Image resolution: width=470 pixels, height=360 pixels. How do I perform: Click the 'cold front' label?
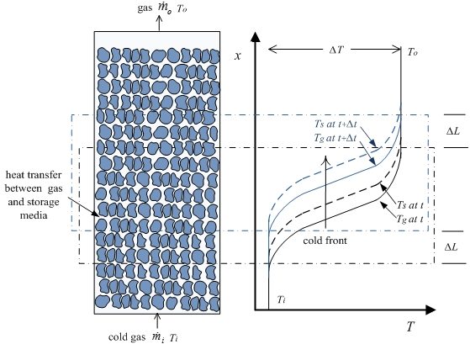pos(325,241)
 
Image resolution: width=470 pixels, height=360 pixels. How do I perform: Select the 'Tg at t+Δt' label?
pos(335,138)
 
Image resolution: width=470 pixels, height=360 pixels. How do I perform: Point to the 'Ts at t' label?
pos(409,205)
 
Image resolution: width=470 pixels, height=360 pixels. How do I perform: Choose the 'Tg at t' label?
pos(409,220)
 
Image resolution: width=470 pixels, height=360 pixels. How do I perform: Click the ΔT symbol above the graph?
pos(335,50)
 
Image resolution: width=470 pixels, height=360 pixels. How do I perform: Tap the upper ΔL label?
pos(453,131)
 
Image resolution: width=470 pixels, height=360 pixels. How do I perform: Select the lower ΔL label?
pos(452,247)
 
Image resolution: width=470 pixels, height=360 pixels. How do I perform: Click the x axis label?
pos(238,56)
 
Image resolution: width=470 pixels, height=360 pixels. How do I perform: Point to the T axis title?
pos(410,326)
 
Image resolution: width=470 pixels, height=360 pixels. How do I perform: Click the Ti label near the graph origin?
pos(281,299)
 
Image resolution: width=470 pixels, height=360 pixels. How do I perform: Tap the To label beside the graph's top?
pos(413,52)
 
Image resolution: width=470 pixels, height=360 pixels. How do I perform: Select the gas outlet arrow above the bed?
pos(159,23)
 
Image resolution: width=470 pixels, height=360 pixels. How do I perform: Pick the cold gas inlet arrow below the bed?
pos(156,321)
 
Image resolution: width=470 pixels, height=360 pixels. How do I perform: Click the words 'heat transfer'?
pos(34,175)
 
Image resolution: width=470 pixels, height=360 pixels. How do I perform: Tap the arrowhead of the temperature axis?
pos(430,310)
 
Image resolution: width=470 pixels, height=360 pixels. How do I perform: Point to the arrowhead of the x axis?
pos(255,37)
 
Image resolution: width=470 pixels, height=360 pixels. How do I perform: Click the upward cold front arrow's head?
pos(325,160)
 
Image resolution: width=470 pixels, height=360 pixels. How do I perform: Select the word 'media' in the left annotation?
pos(34,215)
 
